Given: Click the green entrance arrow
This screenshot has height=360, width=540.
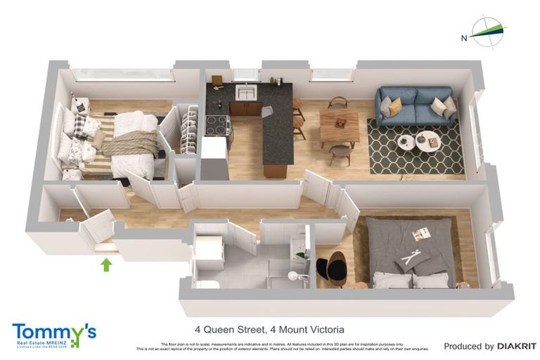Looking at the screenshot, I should pyautogui.click(x=106, y=264).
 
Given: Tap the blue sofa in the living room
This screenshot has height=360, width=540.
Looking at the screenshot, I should pyautogui.click(x=415, y=105).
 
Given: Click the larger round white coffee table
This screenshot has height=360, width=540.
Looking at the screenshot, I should pyautogui.click(x=428, y=139).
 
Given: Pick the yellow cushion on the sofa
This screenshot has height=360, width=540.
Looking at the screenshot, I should pyautogui.click(x=394, y=105).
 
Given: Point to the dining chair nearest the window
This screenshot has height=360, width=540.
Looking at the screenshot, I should pyautogui.click(x=338, y=102).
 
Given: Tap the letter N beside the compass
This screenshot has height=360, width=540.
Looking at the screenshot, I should pyautogui.click(x=463, y=37).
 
